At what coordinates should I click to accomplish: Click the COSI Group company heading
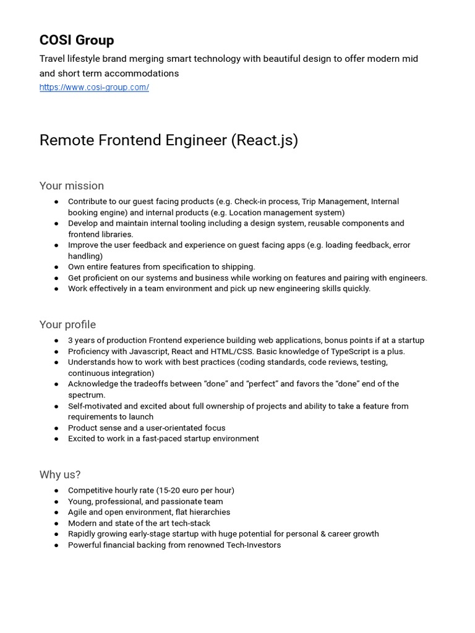77,40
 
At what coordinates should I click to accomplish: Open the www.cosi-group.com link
94,87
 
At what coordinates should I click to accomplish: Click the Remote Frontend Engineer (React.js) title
168,140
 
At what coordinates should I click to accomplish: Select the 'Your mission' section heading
72,185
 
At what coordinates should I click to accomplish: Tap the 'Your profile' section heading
67,325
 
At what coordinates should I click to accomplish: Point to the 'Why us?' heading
60,475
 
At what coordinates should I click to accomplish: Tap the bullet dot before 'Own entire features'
56,267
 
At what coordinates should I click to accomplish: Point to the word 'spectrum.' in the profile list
87,394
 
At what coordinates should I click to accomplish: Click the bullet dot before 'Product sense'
56,428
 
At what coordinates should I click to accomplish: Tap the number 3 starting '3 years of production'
71,341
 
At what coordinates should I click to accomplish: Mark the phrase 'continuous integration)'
111,373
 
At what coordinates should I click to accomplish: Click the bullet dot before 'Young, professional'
56,501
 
